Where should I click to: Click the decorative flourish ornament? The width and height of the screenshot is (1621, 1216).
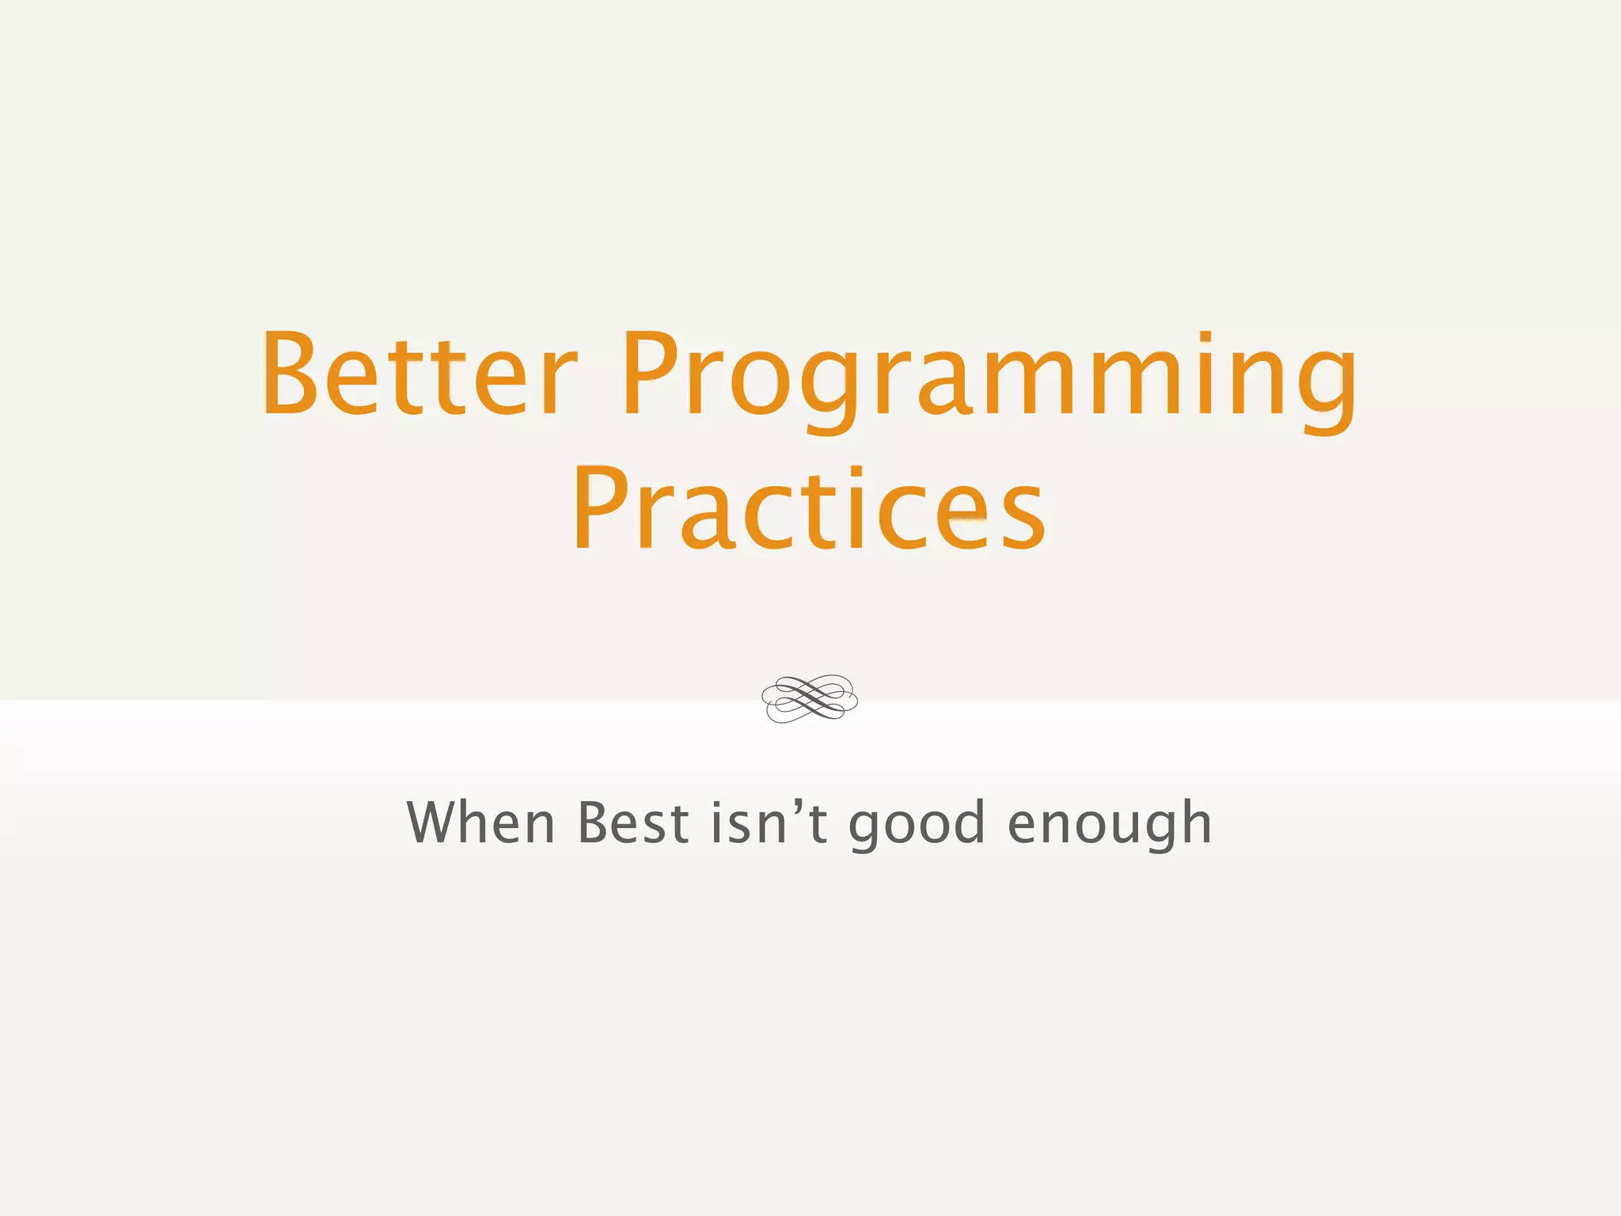[810, 698]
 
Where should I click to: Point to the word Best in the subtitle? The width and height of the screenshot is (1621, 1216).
[633, 823]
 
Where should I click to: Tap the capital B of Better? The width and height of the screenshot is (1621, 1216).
[290, 374]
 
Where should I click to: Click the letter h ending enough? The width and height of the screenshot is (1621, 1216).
[1192, 823]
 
